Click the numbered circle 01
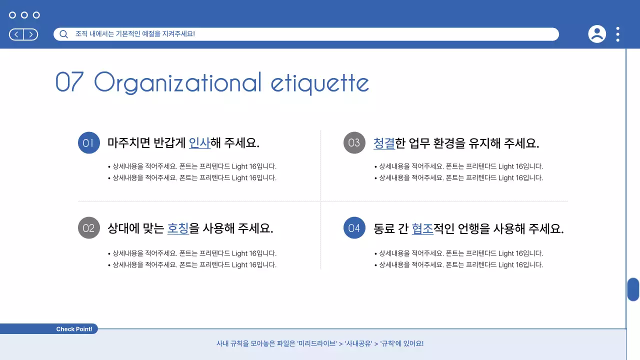coord(88,143)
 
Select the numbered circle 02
coord(88,228)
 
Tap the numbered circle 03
coord(354,143)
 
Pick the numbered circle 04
coord(354,228)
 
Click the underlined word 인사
coord(199,143)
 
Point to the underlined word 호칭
coord(178,228)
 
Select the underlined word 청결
coord(384,143)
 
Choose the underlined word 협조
coord(422,228)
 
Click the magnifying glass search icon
coord(63,34)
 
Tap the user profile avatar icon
coord(596,34)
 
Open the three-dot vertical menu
coord(618,34)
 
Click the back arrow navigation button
coord(16,34)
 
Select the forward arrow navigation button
coord(30,34)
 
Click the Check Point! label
coord(74,329)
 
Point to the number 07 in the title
coord(69,82)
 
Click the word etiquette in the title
coord(320,83)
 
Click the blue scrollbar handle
coord(633,289)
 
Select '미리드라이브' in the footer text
coord(317,343)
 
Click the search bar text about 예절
coord(135,34)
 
